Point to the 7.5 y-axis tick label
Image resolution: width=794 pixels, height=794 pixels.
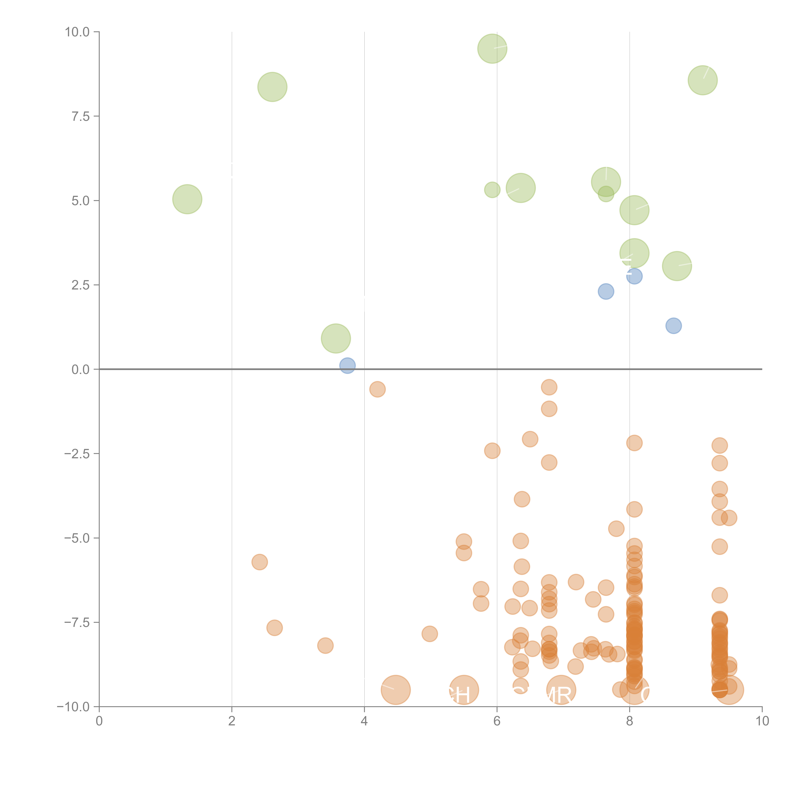click(x=80, y=116)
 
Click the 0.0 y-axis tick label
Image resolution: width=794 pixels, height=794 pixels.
click(x=80, y=370)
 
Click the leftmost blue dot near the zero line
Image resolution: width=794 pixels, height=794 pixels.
click(x=347, y=365)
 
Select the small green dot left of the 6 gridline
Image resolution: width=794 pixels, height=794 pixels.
click(x=492, y=189)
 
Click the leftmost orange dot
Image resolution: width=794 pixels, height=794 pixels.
click(x=259, y=562)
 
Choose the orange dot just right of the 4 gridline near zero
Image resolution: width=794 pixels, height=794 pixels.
click(x=377, y=389)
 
